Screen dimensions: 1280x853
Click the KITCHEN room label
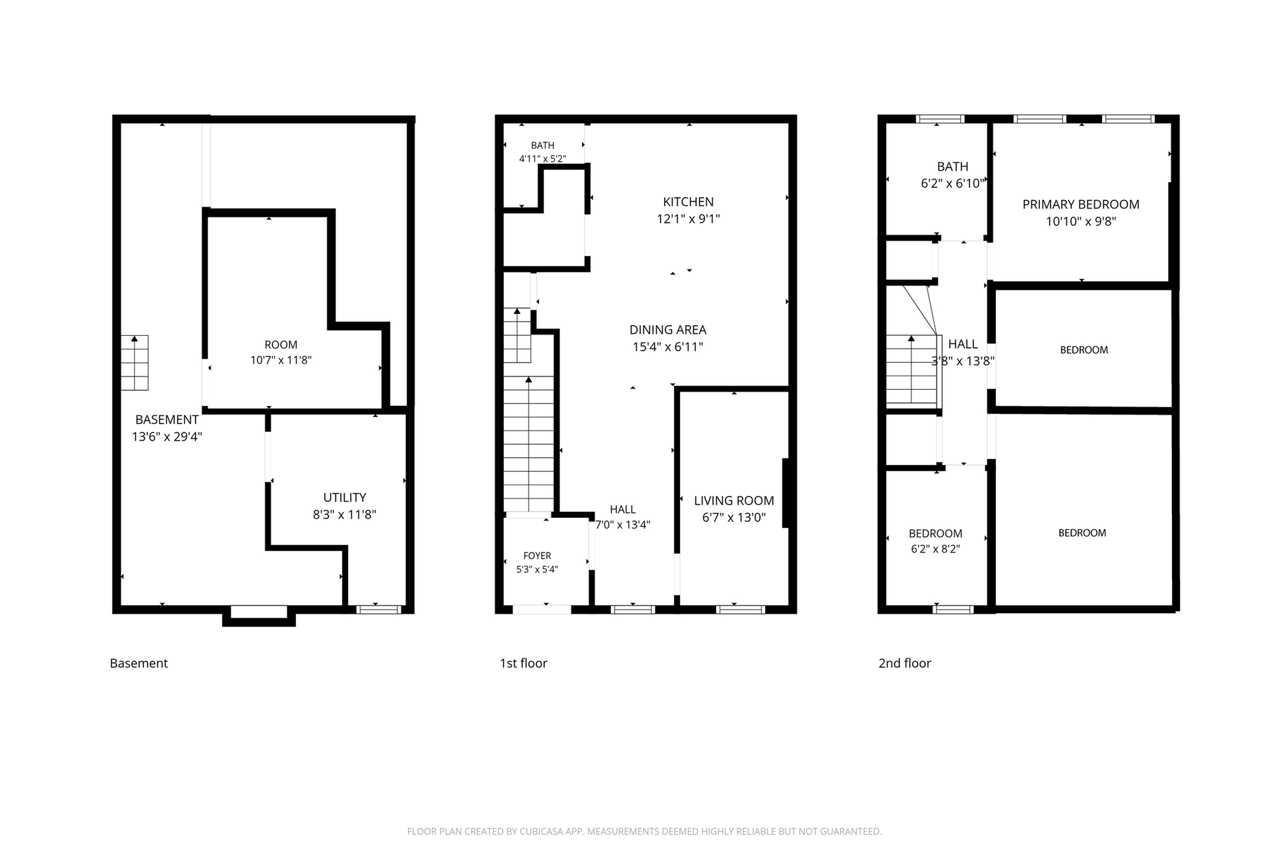688,202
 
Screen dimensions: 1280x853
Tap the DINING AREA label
668,330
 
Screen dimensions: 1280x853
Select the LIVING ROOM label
734,500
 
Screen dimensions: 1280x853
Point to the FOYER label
537,556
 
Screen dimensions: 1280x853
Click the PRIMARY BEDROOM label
1081,205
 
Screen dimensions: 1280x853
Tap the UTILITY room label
345,498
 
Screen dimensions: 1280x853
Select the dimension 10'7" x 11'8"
281,361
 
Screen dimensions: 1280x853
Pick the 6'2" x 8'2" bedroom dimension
935,549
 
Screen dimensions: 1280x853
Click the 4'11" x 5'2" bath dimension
543,159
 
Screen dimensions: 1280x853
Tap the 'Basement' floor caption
139,663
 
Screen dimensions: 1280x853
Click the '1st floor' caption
523,663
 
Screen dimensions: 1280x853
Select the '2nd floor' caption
905,663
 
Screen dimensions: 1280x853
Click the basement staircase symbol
135,363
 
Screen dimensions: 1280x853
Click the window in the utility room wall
379,609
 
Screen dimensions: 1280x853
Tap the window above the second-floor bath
940,119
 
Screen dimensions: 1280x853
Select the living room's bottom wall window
741,609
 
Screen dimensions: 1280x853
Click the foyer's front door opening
541,609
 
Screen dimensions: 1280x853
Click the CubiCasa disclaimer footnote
644,832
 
